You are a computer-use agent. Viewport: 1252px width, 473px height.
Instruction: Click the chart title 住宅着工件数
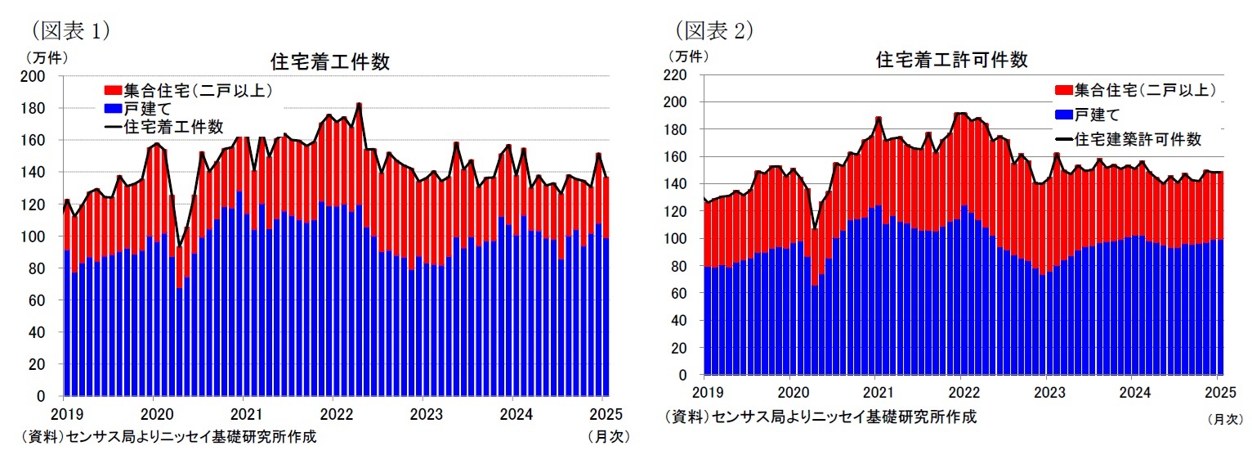pyautogui.click(x=329, y=62)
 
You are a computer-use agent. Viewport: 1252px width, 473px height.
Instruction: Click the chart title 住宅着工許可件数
pyautogui.click(x=951, y=60)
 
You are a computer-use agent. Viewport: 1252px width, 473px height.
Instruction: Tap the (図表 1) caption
pyautogui.click(x=70, y=31)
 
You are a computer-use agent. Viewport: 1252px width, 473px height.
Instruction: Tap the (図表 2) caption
pyautogui.click(x=713, y=31)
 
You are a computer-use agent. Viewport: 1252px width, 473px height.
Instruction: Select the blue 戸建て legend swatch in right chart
pyautogui.click(x=1063, y=115)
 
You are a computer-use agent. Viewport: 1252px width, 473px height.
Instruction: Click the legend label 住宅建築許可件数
pyautogui.click(x=1138, y=139)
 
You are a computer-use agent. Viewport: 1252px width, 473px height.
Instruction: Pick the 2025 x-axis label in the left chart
pyautogui.click(x=603, y=413)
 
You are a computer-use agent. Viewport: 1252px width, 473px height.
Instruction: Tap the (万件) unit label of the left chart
pyautogui.click(x=47, y=57)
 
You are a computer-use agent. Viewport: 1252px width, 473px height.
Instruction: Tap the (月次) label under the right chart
pyautogui.click(x=1224, y=419)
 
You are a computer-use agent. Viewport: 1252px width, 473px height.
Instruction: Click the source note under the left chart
pyautogui.click(x=169, y=437)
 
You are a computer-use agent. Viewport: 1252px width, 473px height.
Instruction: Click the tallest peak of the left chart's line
pyautogui.click(x=359, y=104)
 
